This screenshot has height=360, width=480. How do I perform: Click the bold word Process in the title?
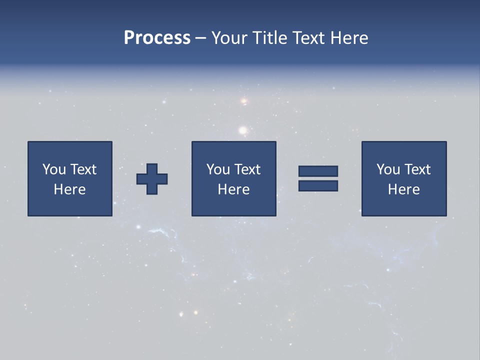pyautogui.click(x=157, y=38)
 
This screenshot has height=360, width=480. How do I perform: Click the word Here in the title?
pyautogui.click(x=349, y=38)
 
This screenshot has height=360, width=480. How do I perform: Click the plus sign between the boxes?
pyautogui.click(x=152, y=179)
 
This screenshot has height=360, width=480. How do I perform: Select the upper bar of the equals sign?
pyautogui.click(x=318, y=171)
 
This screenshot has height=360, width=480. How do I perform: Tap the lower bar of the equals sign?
pyautogui.click(x=318, y=185)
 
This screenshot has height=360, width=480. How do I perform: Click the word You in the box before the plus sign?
pyautogui.click(x=53, y=169)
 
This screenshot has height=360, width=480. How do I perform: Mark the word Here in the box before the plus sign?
pyautogui.click(x=69, y=189)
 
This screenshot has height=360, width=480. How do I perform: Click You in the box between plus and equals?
pyautogui.click(x=218, y=169)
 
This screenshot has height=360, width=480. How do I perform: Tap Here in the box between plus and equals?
pyautogui.click(x=233, y=189)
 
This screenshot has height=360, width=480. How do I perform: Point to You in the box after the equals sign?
pyautogui.click(x=388, y=169)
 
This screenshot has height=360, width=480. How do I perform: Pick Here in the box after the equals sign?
pyautogui.click(x=403, y=189)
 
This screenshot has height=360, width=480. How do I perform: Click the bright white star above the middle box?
pyautogui.click(x=243, y=131)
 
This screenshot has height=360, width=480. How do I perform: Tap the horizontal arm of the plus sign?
pyautogui.click(x=141, y=179)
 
